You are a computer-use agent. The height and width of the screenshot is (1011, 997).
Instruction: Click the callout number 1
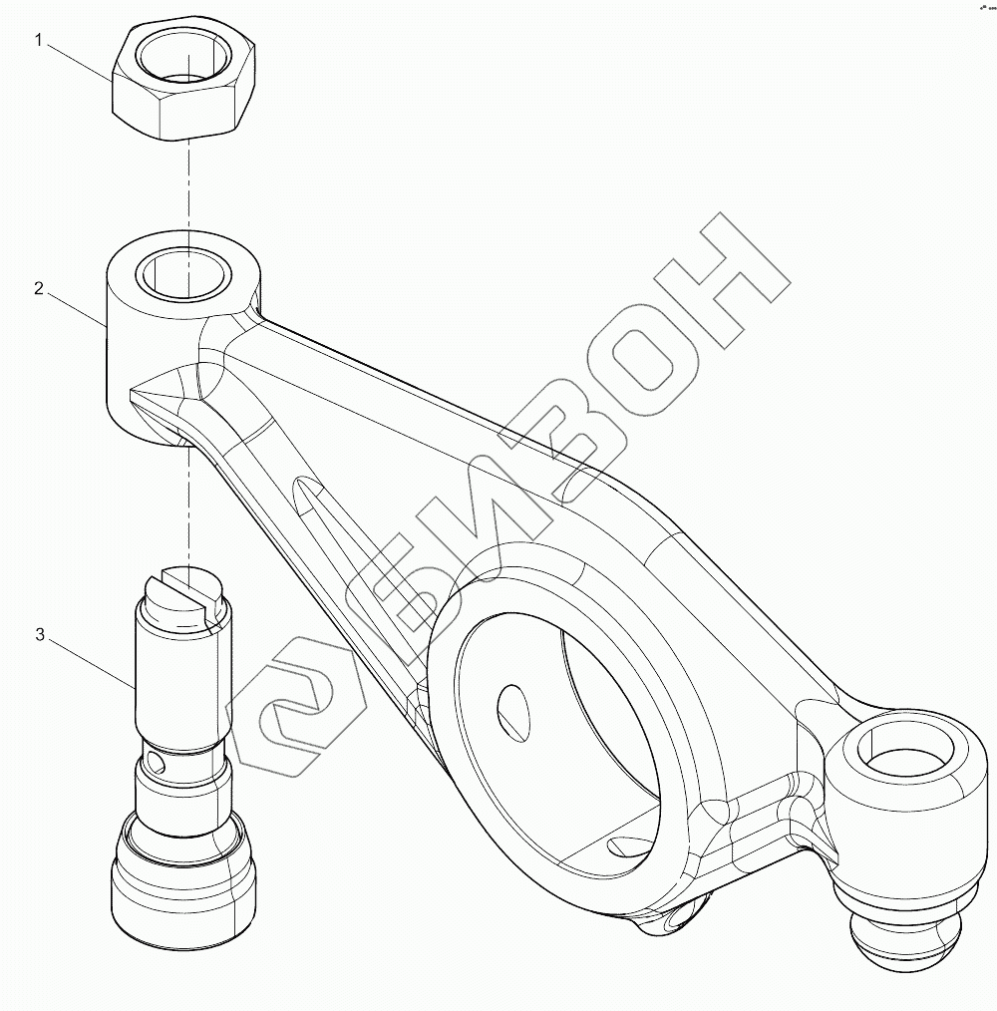point(40,40)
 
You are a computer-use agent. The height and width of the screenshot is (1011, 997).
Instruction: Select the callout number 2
point(39,289)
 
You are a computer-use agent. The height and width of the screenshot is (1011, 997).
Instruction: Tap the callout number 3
point(40,634)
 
